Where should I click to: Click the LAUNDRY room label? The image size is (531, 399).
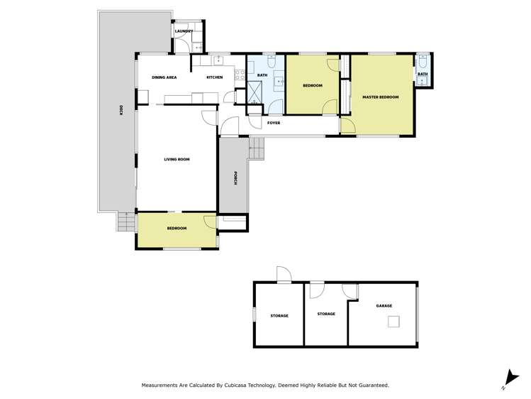tap(184, 31)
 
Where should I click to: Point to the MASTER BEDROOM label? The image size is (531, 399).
tap(380, 97)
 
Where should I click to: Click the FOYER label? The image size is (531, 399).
tap(273, 123)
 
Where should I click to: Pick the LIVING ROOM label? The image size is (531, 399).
tap(177, 159)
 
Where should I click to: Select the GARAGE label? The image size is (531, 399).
tap(384, 305)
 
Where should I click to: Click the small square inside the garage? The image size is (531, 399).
tap(392, 322)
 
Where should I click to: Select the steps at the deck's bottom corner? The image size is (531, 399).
tap(125, 224)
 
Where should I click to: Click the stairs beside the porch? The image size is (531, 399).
tap(256, 149)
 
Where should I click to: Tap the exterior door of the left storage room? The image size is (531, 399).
tap(283, 275)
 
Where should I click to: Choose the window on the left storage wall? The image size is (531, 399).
tap(255, 314)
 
